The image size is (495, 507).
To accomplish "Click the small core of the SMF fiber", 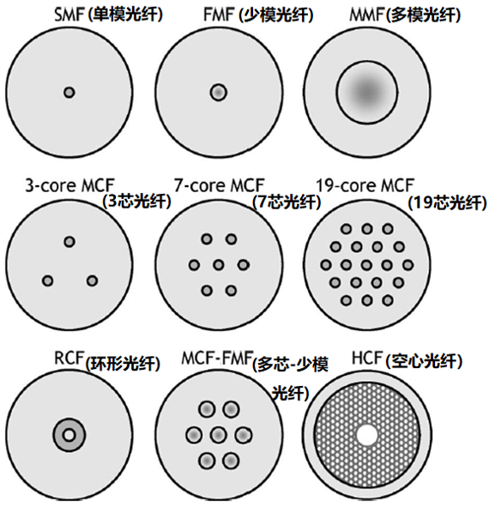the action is [x=69, y=93].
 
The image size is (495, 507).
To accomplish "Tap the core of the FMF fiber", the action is [x=219, y=92].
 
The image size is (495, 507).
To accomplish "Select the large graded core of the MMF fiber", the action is [x=367, y=92].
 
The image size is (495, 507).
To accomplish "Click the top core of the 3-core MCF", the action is [x=69, y=242].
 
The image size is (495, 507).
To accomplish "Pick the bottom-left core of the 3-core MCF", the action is [x=47, y=281].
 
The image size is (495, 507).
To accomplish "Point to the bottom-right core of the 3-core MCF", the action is [x=92, y=281].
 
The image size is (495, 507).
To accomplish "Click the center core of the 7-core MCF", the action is [x=219, y=265].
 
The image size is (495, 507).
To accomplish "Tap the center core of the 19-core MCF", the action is [x=366, y=265].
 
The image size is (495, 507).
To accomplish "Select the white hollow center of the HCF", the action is [x=367, y=435].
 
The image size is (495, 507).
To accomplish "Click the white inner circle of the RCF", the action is [x=69, y=435].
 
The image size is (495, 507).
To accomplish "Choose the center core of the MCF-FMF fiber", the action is [x=219, y=435].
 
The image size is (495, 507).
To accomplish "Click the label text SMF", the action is [x=69, y=15].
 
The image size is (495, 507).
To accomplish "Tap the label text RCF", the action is [x=69, y=358].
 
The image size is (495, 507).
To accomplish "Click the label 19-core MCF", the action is [x=365, y=185].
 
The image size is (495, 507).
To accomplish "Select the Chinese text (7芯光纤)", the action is [x=287, y=202].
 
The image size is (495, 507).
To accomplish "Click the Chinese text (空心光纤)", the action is [x=424, y=361].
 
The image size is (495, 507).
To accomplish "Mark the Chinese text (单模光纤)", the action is [x=124, y=15].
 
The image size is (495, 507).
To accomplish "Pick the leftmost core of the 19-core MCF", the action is [x=326, y=265].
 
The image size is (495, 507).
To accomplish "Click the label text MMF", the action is [x=367, y=15].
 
